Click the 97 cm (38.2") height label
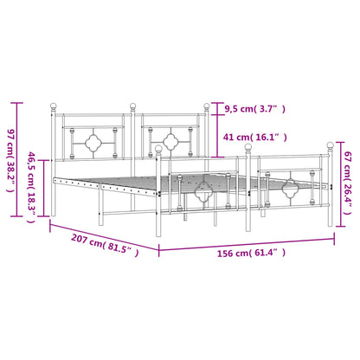coord(10,161)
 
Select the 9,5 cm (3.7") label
coord(255,109)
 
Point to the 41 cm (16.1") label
coord(255,137)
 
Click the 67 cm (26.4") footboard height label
coord(348,183)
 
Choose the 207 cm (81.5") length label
coord(105,244)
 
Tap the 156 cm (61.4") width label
coord(251,253)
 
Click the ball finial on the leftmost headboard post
coord(54,106)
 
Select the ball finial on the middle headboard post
coord(132,106)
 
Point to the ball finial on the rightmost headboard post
coord(207,106)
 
